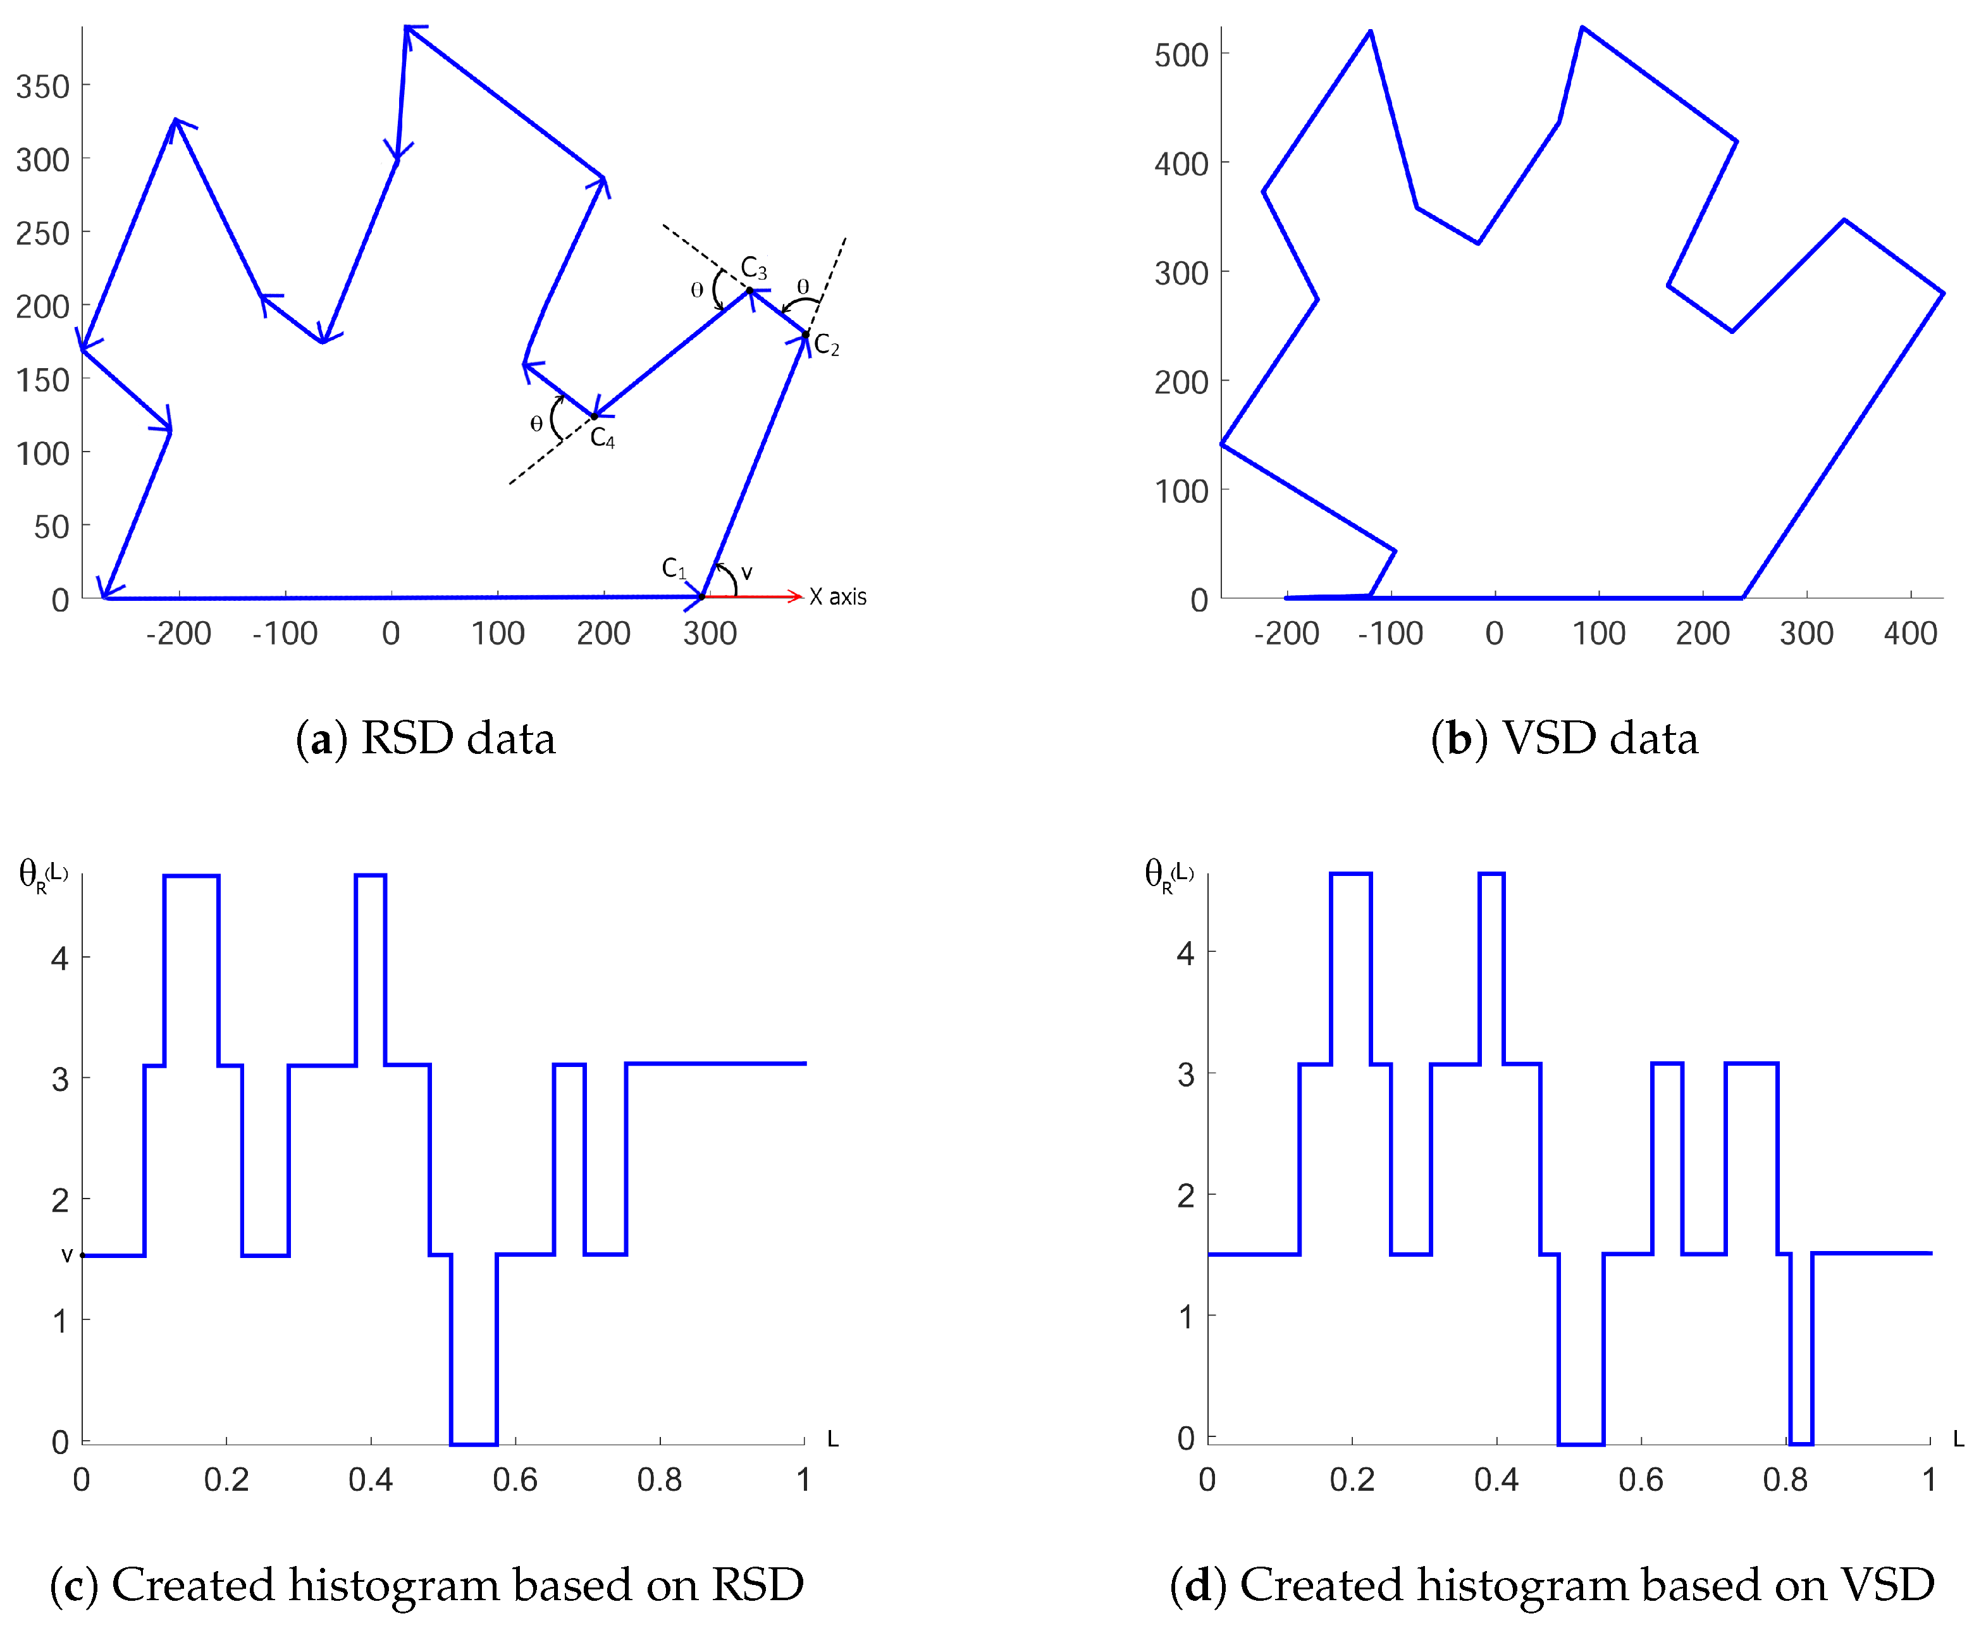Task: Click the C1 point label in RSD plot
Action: click(673, 569)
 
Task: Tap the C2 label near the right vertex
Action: click(826, 345)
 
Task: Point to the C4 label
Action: click(602, 438)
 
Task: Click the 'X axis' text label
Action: click(837, 597)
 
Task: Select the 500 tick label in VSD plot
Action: click(1181, 55)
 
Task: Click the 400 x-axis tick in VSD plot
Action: click(1910, 634)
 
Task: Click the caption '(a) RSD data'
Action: click(426, 738)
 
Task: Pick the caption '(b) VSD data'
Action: click(1564, 738)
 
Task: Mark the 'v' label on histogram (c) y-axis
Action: click(66, 1255)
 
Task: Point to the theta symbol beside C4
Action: click(536, 424)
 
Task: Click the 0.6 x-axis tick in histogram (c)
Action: click(515, 1480)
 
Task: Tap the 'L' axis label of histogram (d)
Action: click(1958, 1440)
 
